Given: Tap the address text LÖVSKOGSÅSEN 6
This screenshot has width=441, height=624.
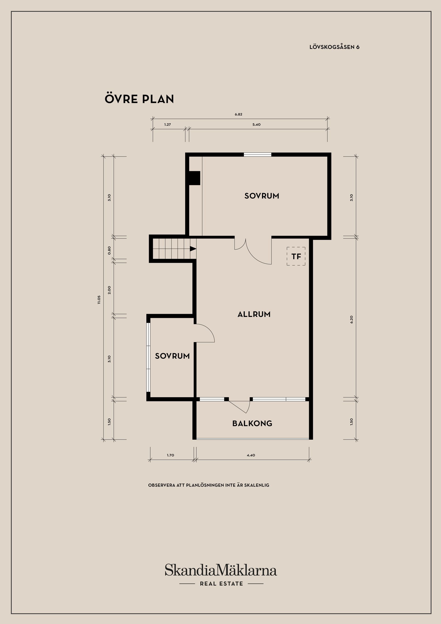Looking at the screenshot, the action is point(334,47).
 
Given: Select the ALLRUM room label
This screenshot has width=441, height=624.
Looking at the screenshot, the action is point(254,315).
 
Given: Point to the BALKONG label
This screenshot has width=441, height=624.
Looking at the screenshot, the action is point(252,423).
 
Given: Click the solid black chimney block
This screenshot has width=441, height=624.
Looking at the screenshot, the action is point(195,178).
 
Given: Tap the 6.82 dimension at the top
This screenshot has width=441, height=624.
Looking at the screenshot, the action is point(239,114).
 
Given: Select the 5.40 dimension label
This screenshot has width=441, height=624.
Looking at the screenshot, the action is point(257,125).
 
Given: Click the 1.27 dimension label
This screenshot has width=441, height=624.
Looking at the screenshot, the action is point(168,125).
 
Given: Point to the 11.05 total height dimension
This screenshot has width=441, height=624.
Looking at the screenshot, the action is point(99,300).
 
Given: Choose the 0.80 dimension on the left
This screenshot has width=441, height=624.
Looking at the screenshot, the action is point(109,250).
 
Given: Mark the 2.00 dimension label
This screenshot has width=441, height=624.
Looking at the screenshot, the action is point(109,290).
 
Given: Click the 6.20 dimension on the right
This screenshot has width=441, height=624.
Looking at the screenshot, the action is point(352,319).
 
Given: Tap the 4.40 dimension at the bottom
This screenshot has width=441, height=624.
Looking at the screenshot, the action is point(251,455).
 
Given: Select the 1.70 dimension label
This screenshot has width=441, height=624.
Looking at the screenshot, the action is point(170,455).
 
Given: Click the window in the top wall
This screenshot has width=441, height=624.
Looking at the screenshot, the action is point(257,155).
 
